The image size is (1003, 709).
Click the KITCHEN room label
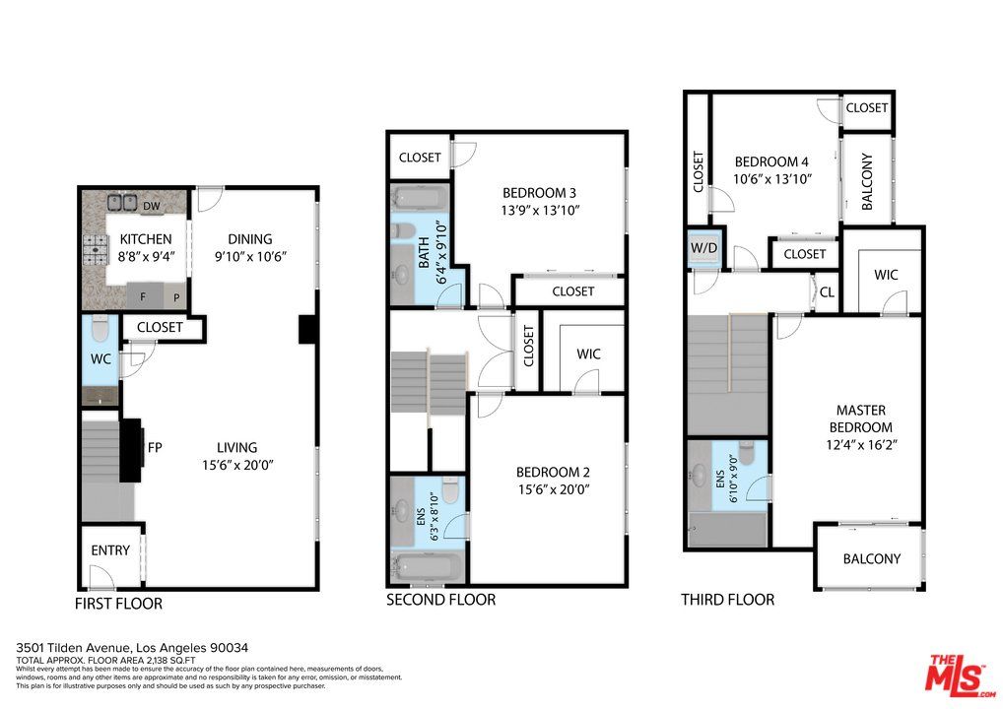pos(146,239)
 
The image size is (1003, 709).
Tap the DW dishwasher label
pos(152,206)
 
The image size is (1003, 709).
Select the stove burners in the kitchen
pos(94,250)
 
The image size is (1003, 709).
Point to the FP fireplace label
pos(155,447)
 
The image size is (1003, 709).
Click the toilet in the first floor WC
pos(100,329)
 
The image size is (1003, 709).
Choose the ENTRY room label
pos(110,550)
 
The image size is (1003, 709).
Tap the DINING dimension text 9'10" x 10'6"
pos(250,257)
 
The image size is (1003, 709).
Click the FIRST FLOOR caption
pos(118,604)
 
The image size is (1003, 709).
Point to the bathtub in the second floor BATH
pos(420,198)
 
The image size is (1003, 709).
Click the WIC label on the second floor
pos(588,354)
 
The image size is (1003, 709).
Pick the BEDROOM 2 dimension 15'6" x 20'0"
pos(553,489)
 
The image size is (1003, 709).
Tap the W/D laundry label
pos(703,247)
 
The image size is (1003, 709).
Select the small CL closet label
pos(827,292)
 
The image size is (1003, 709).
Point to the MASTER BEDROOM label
pos(861,419)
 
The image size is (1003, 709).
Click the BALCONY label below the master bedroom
pos(871,558)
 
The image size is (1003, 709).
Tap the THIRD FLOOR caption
pos(727,600)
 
